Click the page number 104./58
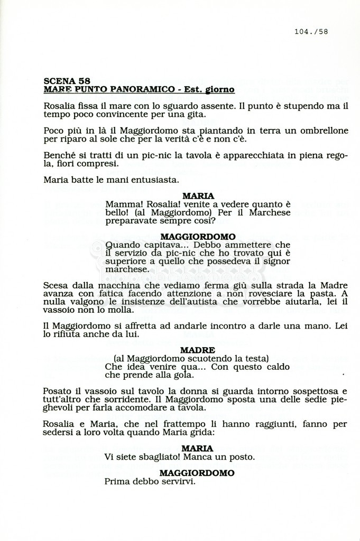tap(311, 32)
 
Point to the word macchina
tap(118, 285)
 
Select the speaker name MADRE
tap(198, 350)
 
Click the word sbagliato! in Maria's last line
tap(170, 456)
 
